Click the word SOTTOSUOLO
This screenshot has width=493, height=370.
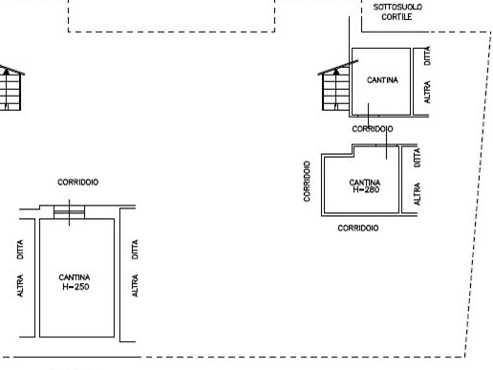pos(397,7)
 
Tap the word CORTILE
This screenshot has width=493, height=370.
pos(397,17)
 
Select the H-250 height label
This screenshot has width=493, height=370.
pos(75,287)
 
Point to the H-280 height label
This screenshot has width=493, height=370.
pos(366,189)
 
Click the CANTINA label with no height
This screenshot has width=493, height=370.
pos(382,80)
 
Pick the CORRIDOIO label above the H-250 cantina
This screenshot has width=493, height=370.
pos(78,182)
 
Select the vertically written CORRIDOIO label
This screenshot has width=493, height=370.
pos(307,181)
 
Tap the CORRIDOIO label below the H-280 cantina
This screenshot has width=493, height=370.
pos(358,228)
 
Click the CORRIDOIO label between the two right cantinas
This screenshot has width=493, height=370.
pos(373,129)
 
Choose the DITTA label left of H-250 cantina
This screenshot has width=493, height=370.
pos(20,250)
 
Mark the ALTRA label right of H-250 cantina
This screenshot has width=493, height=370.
pos(135,286)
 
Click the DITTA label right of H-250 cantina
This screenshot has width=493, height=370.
pos(135,250)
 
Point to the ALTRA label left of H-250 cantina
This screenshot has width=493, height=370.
pos(20,286)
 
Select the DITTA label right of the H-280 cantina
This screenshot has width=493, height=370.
pos(417,158)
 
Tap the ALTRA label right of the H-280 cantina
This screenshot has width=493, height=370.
pos(417,194)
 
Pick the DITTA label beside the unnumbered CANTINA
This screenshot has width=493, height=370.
pos(427,55)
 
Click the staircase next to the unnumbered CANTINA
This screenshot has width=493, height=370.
pos(336,88)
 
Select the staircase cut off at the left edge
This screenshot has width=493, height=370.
pos(11,89)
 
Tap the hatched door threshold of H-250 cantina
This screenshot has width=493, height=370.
pos(69,212)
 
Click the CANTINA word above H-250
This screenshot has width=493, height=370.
pos(75,277)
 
